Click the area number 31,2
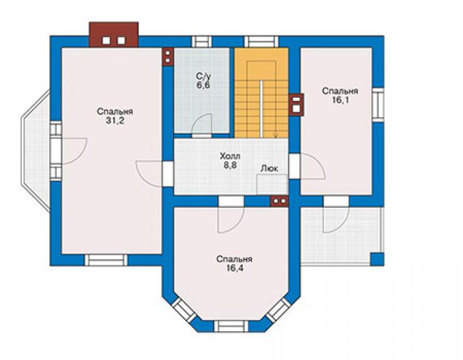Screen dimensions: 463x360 (x=115, y=121)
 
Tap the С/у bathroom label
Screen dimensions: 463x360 (x=203, y=76)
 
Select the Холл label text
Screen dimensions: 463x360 (x=230, y=156)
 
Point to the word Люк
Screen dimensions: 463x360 (x=269, y=168)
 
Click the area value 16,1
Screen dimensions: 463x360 (x=340, y=100)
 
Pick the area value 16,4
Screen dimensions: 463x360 (x=234, y=269)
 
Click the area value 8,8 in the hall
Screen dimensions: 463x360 (x=230, y=165)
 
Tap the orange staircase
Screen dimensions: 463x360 (x=262, y=93)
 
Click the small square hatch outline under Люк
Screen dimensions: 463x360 (x=272, y=184)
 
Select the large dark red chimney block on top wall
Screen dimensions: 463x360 (x=114, y=34)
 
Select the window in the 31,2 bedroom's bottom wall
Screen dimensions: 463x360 (x=106, y=260)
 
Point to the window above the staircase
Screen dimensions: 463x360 (x=262, y=42)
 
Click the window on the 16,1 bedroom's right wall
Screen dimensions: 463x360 (x=378, y=105)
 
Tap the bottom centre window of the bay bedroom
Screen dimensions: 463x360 (x=232, y=326)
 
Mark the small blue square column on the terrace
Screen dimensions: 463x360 (x=377, y=259)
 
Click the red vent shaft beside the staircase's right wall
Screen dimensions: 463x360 (x=296, y=105)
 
